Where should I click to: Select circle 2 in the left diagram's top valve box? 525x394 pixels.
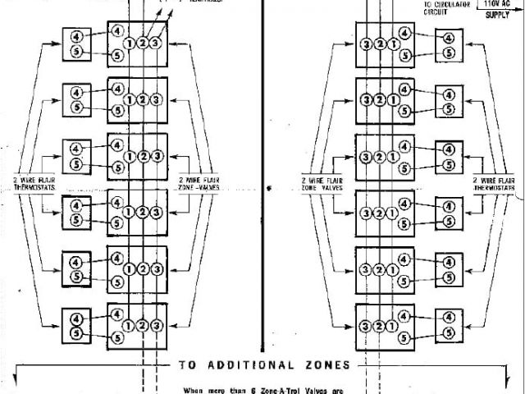tap(142, 43)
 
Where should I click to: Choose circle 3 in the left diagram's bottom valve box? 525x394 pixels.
tap(156, 325)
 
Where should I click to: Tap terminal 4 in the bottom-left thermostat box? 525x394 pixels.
tap(76, 318)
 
